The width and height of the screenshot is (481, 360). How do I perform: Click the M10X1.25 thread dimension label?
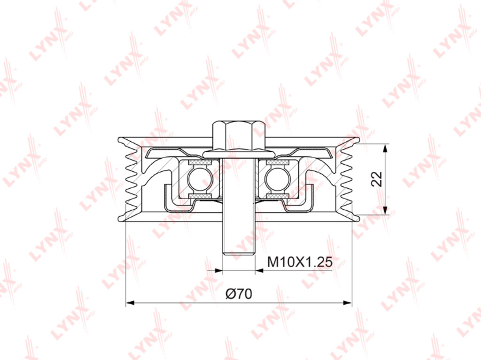pyautogui.click(x=300, y=262)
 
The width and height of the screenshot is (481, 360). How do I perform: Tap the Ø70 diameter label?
pyautogui.click(x=239, y=294)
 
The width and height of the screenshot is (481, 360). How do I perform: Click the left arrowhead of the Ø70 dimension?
pyautogui.click(x=130, y=303)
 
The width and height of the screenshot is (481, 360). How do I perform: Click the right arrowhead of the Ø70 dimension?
pyautogui.click(x=347, y=303)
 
